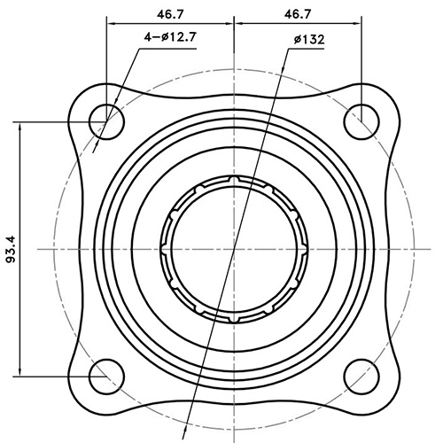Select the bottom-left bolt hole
click(x=107, y=372)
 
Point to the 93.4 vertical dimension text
click(x=12, y=249)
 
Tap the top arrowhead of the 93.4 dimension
click(x=19, y=123)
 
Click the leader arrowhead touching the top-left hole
click(x=100, y=129)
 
